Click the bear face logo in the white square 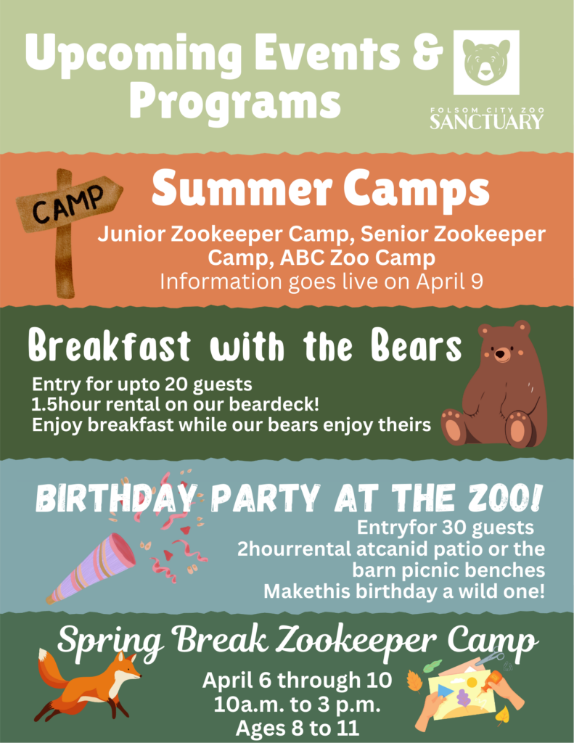(x=486, y=62)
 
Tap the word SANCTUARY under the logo (x=485, y=121)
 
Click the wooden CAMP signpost (x=67, y=218)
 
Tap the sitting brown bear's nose (x=501, y=355)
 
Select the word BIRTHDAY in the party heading (x=115, y=498)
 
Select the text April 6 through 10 (x=297, y=681)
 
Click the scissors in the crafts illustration (x=491, y=658)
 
